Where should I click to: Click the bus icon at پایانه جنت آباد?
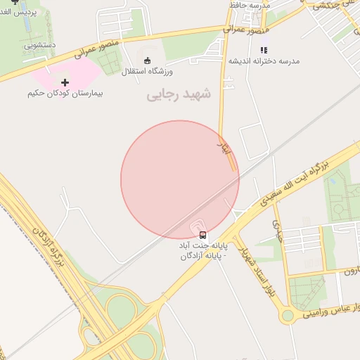[x=203, y=235]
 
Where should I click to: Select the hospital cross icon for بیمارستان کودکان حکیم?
[x=65, y=82]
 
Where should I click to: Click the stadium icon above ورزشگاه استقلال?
[x=147, y=60]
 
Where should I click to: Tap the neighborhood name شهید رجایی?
[x=179, y=95]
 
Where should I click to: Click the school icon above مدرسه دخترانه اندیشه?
[x=264, y=50]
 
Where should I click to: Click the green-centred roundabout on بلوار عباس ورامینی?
[x=286, y=316]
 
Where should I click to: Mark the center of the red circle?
[x=179, y=179]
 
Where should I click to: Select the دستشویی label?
[x=40, y=46]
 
